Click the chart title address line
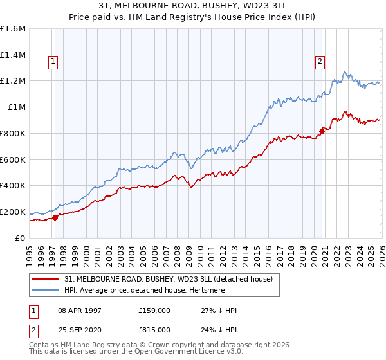[193, 6]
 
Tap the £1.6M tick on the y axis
[13, 29]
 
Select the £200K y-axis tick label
[13, 212]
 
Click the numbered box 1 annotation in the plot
[52, 62]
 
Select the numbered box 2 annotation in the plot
[319, 62]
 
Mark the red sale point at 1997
[55, 217]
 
